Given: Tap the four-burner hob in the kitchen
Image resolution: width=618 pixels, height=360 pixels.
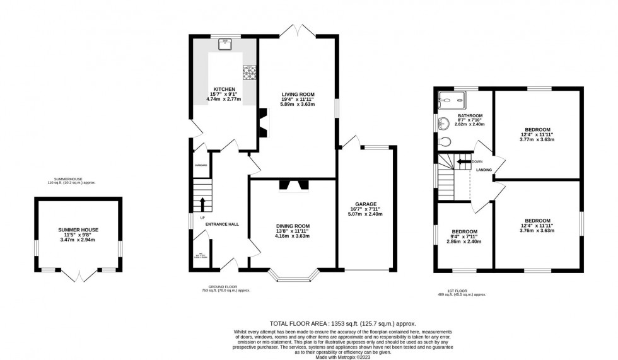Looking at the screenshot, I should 249,74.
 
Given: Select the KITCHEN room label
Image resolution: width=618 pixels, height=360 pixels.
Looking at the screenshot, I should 224,90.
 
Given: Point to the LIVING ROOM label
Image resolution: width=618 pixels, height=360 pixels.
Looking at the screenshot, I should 298,94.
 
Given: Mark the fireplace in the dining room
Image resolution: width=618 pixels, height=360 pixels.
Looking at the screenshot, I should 294,185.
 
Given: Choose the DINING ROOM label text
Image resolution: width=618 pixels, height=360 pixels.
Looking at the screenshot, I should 293,226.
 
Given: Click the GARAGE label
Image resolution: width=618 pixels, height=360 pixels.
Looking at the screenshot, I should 366,204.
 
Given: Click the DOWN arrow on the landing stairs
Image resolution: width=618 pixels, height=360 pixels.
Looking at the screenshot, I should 464,161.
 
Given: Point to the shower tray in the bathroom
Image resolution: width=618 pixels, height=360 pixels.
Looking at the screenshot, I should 452,99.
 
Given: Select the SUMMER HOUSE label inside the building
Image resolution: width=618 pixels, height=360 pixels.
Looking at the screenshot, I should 78,230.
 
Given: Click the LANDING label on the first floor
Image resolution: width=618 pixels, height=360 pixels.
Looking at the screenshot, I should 484,170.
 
